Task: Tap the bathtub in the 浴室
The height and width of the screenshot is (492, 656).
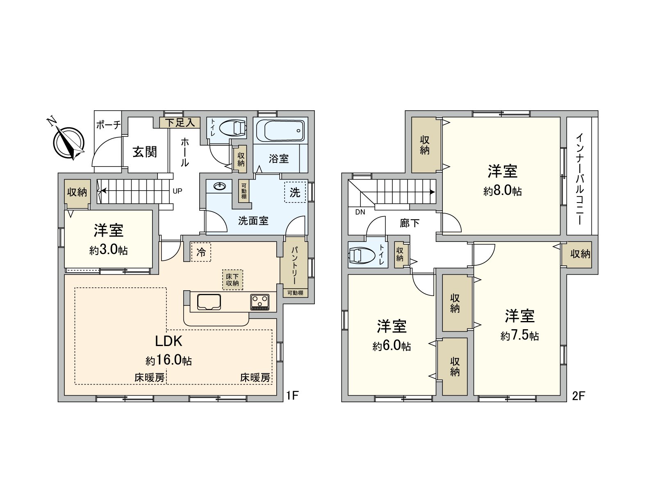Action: click(x=280, y=130)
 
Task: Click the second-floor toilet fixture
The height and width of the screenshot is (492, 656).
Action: click(x=362, y=255)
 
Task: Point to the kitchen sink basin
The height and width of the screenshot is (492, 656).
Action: click(x=209, y=302)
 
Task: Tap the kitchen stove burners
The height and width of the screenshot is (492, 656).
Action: click(x=260, y=302)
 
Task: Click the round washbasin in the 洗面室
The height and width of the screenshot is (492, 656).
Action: click(x=219, y=187)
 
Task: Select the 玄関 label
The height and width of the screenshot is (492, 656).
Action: click(x=145, y=152)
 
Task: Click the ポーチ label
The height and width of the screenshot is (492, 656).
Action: click(x=107, y=125)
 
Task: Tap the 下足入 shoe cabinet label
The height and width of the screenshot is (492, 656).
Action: click(x=180, y=122)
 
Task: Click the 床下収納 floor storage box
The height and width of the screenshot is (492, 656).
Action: click(x=232, y=279)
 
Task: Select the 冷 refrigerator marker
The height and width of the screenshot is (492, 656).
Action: click(x=201, y=252)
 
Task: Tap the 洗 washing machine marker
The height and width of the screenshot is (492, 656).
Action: click(x=295, y=192)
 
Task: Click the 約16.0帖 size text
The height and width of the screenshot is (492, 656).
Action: click(x=169, y=361)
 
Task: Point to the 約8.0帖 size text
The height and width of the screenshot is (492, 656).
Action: click(x=502, y=191)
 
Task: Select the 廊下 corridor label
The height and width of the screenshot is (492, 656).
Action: click(x=410, y=223)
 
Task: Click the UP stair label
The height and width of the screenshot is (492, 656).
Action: click(x=178, y=191)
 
